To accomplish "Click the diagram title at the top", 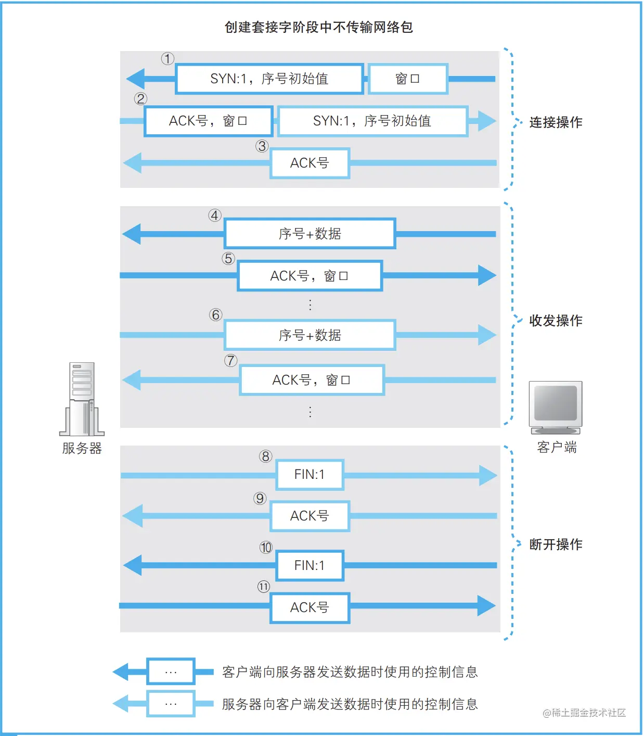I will coord(318,27).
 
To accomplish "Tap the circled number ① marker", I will coord(168,58).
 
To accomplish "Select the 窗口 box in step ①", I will coord(408,79).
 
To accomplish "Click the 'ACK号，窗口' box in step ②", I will coord(208,121).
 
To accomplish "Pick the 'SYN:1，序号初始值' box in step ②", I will coord(372,121).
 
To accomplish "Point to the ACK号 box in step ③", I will coord(310,163).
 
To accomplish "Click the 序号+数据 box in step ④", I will coord(310,234).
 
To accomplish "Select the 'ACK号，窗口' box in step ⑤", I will coord(310,276).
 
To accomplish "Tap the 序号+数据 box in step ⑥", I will coord(310,335).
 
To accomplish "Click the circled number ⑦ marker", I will coord(231,360).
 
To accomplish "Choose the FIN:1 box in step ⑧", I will coord(310,474).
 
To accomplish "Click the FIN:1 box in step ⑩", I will coord(310,565).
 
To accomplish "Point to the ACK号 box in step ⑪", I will coord(310,607).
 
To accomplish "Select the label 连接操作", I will coord(556,122).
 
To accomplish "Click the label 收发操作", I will coord(556,321).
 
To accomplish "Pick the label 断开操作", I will coord(556,544).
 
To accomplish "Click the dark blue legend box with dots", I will coord(171,671).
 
